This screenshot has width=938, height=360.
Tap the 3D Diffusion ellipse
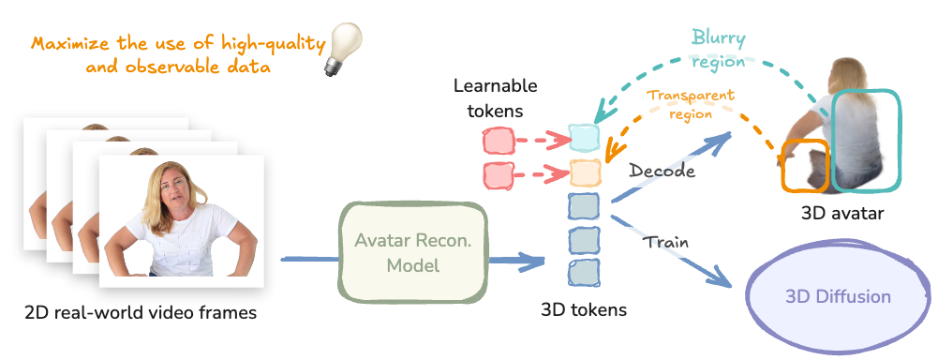click(x=838, y=297)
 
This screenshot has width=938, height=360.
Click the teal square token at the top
click(x=584, y=138)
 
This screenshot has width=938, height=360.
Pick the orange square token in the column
click(x=584, y=172)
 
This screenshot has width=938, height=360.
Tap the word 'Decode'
click(x=662, y=172)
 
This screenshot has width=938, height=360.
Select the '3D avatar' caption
click(x=843, y=214)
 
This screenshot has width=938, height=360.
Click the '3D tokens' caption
click(x=584, y=309)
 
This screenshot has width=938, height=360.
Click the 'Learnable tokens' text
click(x=495, y=98)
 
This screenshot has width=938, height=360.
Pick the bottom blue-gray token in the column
click(x=584, y=272)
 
